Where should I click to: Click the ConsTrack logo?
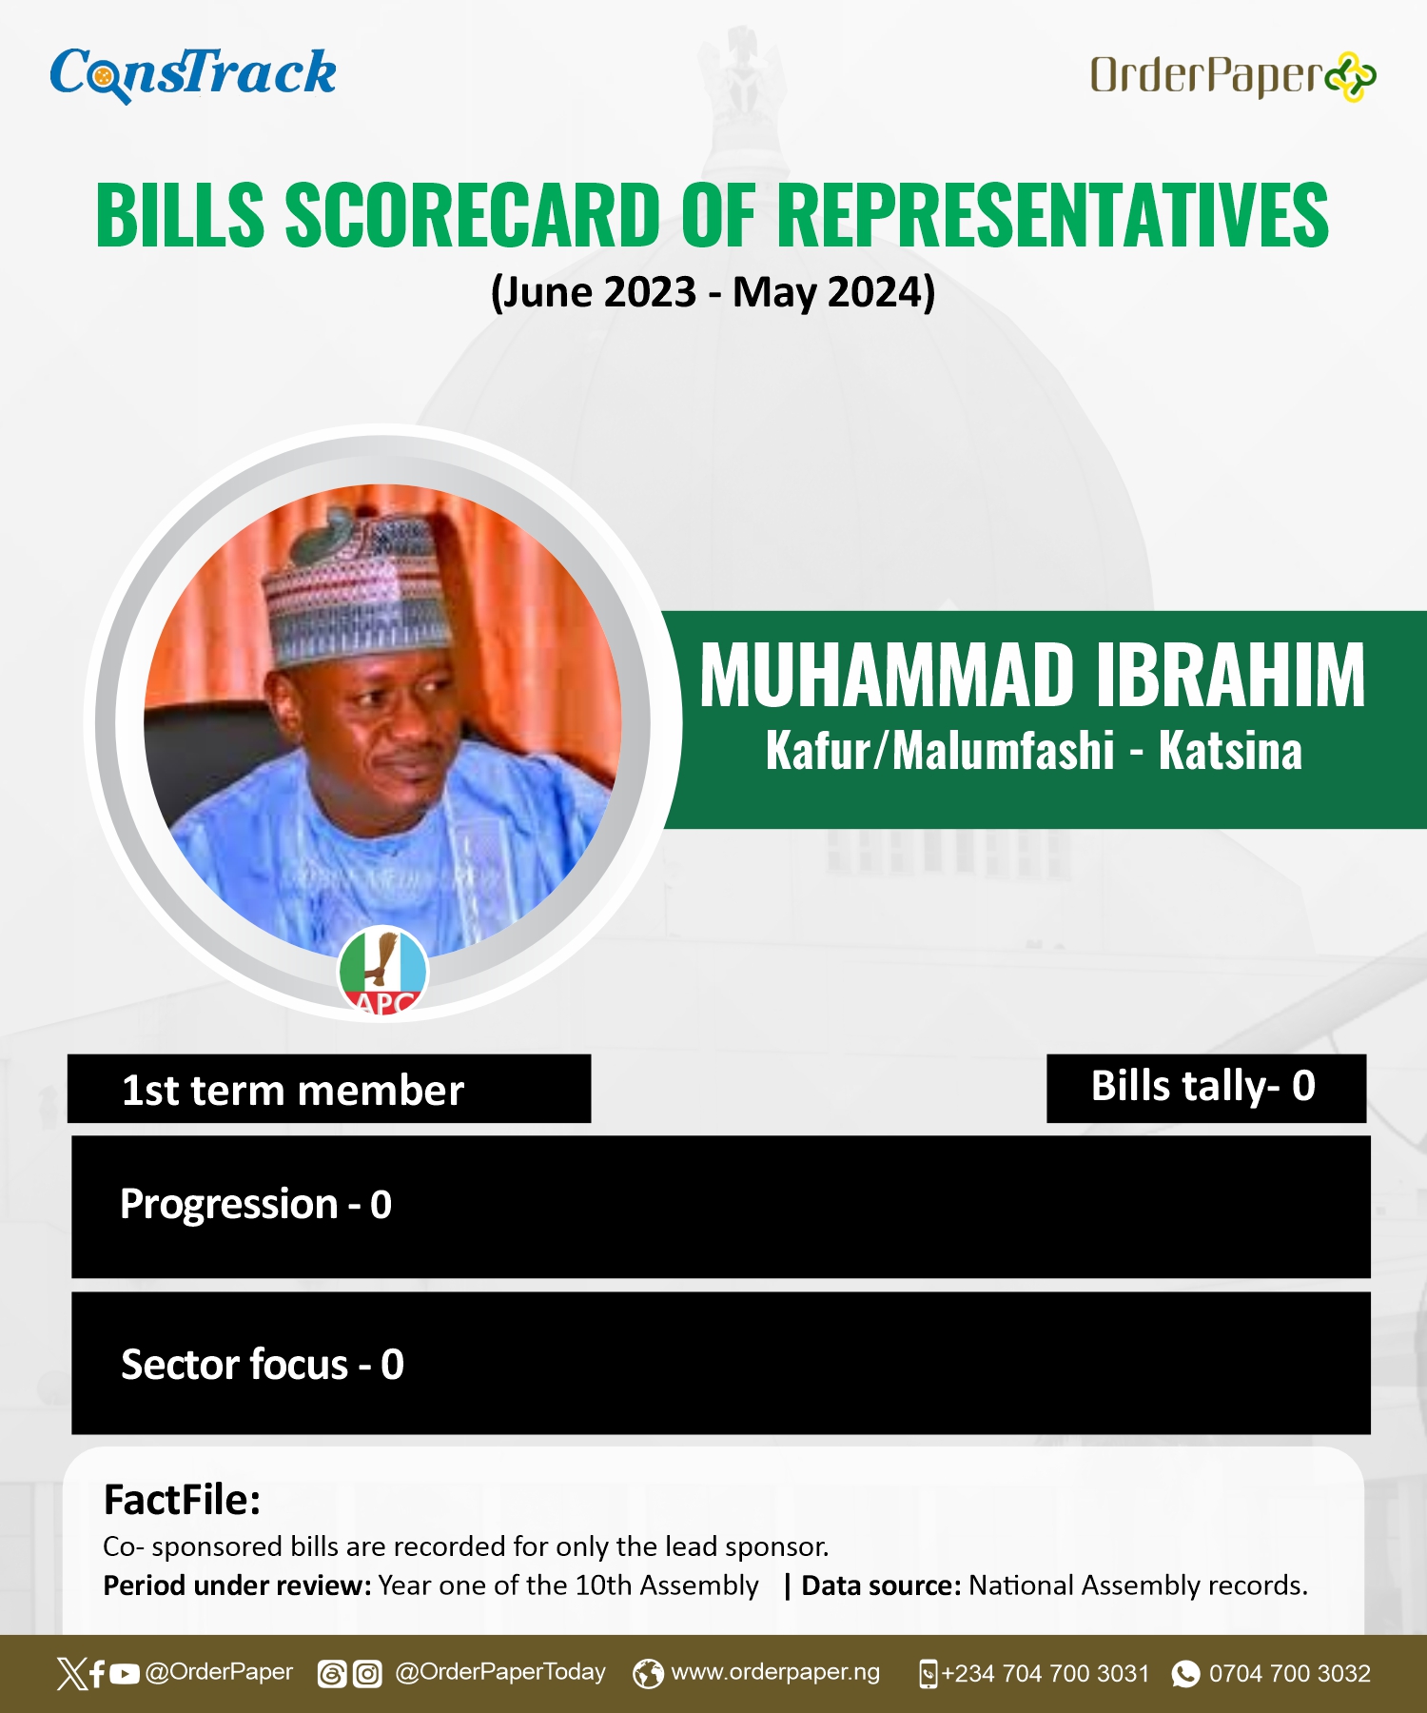point(193,74)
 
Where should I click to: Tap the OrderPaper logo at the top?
point(1233,76)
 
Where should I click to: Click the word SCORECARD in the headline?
point(473,215)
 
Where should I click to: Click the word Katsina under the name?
point(1230,751)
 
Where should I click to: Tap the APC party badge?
point(382,971)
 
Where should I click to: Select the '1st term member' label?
point(293,1091)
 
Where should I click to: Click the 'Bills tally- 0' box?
point(1206,1088)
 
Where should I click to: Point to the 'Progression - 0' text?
point(256,1205)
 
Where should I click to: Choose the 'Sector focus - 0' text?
point(263,1365)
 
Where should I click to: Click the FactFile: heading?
point(182,1500)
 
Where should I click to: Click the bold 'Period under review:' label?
point(237,1585)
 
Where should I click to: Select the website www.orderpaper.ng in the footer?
point(775,1672)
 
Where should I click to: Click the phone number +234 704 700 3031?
point(1046,1673)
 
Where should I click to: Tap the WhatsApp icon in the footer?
point(1185,1673)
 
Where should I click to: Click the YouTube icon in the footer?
point(125,1674)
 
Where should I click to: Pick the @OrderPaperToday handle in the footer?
point(500,1672)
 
